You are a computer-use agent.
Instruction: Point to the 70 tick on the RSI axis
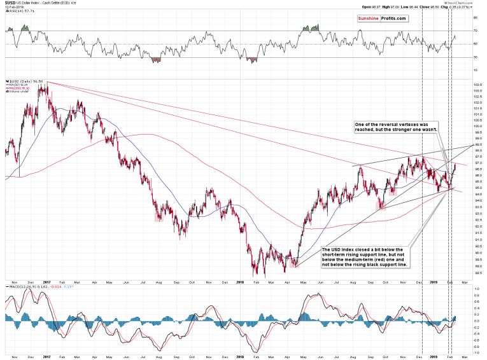475,30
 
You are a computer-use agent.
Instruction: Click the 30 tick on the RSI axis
475,57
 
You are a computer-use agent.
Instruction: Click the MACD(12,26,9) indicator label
25,287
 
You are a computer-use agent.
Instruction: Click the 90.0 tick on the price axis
477,253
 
